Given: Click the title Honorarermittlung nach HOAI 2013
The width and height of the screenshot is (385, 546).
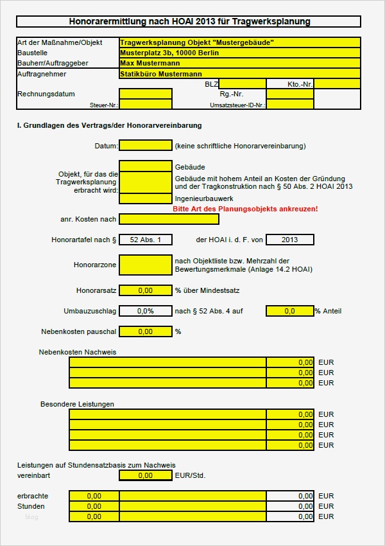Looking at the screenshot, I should tap(189, 22).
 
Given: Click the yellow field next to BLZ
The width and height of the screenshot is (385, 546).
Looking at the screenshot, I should tap(243, 84).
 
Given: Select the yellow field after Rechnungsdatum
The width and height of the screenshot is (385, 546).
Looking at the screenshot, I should tap(146, 94).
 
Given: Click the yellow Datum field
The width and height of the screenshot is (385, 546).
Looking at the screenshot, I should tap(146, 146).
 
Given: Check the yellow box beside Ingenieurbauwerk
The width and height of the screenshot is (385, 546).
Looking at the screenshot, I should tap(146, 198).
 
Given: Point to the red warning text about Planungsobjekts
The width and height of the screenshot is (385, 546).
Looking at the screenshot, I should tap(245, 209).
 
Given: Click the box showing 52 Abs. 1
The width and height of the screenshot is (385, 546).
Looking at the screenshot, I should tap(146, 240).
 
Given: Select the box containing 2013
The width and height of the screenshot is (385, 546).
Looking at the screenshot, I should tap(289, 240).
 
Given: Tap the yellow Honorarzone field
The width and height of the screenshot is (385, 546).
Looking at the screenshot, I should tap(146, 264).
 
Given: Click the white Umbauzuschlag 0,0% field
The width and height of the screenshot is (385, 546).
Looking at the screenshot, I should tap(146, 311).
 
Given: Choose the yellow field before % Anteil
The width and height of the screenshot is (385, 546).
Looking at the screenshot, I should tap(289, 311).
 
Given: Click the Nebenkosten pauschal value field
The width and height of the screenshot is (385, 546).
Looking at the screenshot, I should tap(146, 331).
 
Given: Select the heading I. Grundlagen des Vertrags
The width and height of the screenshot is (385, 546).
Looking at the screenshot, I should tap(109, 125).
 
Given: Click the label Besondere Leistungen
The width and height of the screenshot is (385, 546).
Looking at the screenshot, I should tap(77, 404).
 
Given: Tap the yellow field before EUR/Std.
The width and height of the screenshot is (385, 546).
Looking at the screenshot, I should tap(146, 475).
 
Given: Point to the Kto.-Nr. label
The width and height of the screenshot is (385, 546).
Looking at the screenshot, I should tap(299, 84).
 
